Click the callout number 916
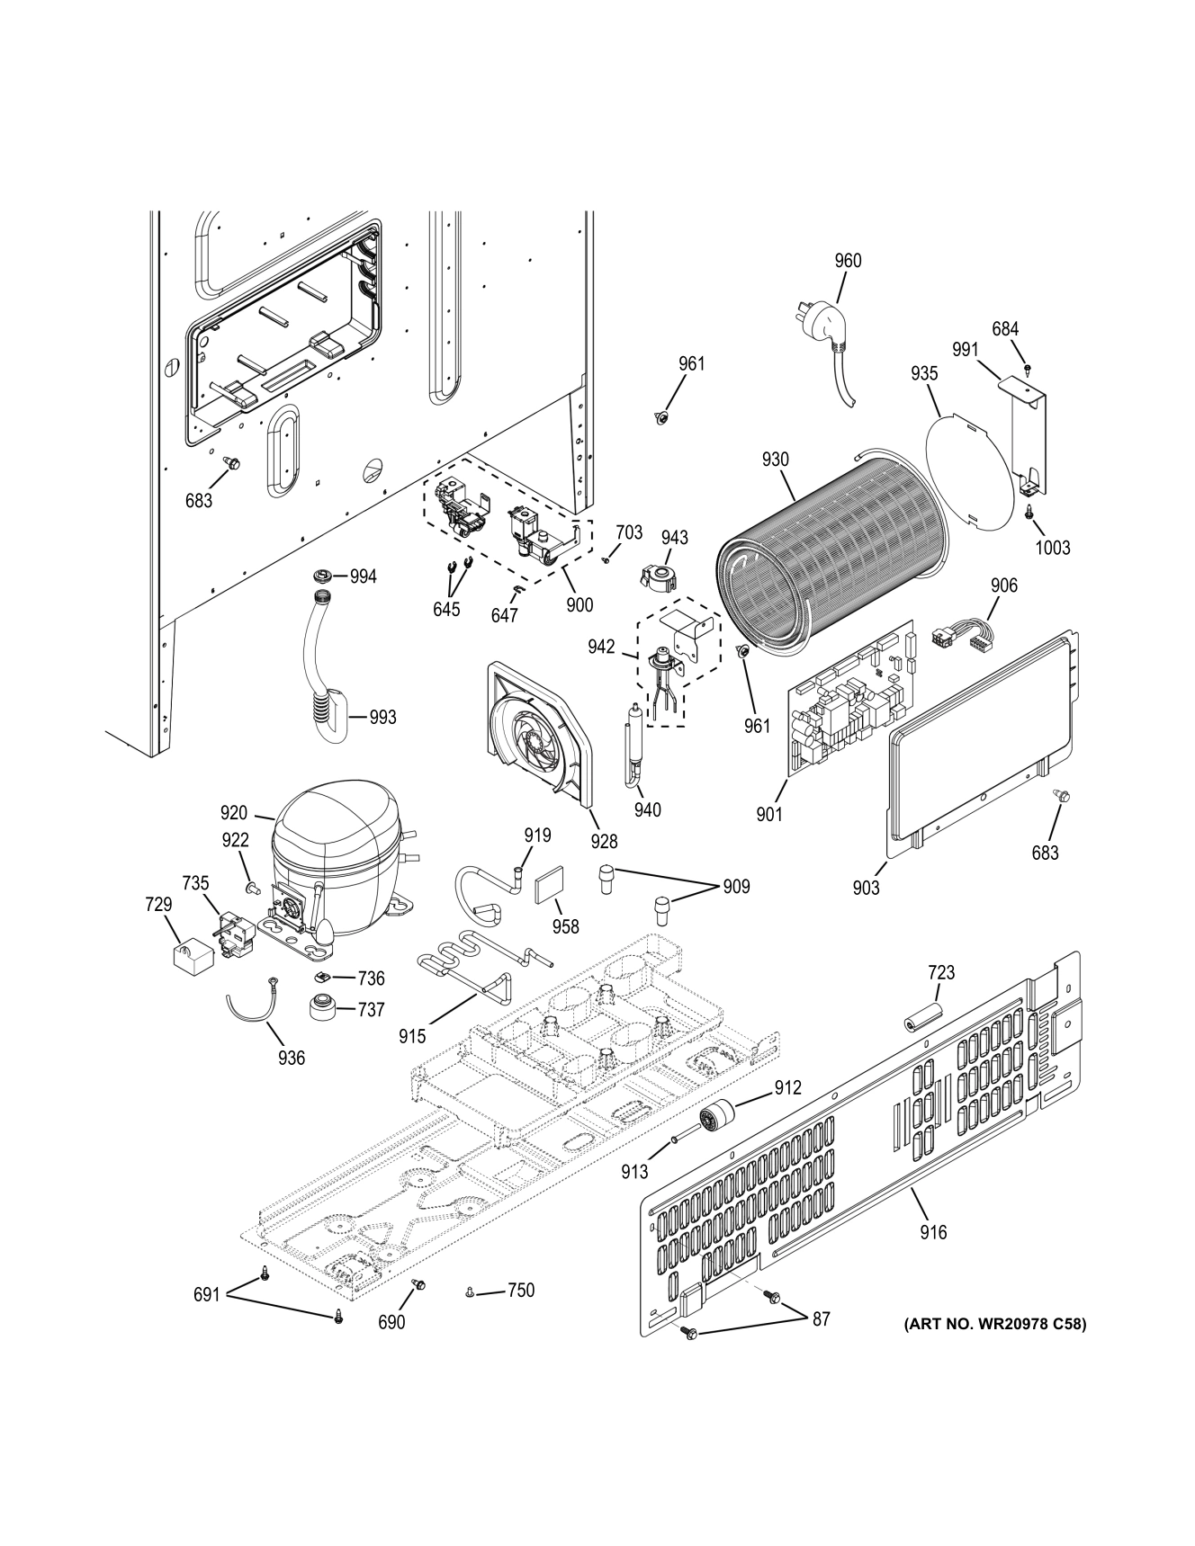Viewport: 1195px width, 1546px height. pyautogui.click(x=933, y=1232)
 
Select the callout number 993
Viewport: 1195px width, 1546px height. pyautogui.click(x=382, y=718)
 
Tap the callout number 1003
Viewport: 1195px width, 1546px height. pyautogui.click(x=1052, y=548)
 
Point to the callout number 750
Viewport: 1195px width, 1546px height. pyautogui.click(x=520, y=1291)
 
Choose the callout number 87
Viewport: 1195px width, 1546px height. pyautogui.click(x=821, y=1319)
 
